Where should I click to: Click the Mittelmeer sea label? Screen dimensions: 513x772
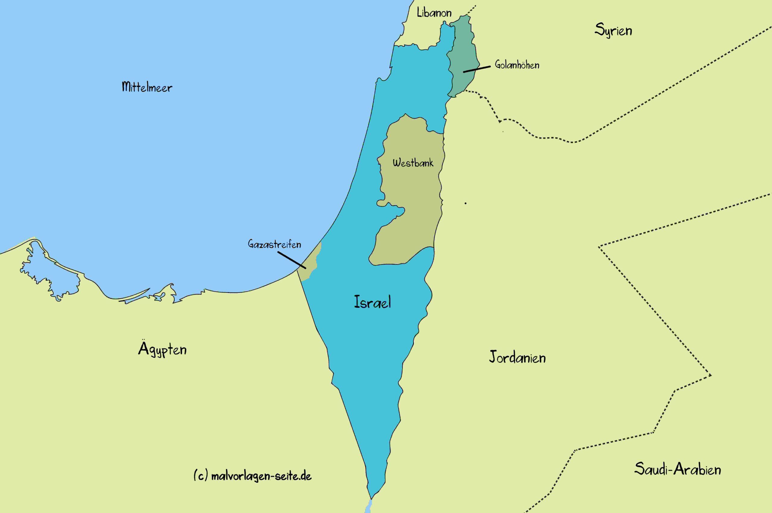pos(147,87)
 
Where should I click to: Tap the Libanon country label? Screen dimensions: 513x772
pos(434,13)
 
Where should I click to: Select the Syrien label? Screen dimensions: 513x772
pos(613,30)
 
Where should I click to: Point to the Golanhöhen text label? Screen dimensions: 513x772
pos(517,65)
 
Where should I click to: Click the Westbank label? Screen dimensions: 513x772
pos(413,162)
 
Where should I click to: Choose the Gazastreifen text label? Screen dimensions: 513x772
pos(274,244)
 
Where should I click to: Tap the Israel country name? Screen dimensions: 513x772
pos(372,302)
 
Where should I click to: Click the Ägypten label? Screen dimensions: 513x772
pos(162,349)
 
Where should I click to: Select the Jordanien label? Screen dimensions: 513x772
pos(517,357)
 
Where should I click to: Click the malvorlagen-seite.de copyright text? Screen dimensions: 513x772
pos(253,476)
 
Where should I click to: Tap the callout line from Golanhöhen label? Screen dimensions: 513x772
pos(476,69)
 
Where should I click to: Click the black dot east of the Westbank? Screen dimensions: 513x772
pos(465,203)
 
